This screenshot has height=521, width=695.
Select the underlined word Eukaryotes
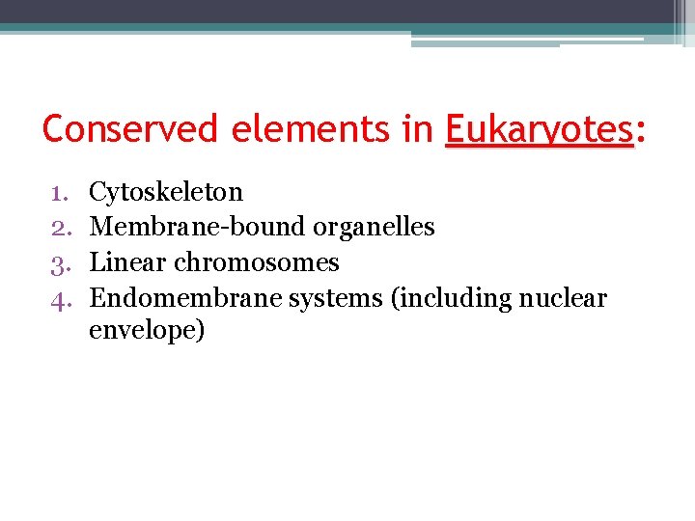coord(539,129)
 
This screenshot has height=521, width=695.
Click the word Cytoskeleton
coord(165,192)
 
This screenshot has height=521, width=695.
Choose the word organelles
coord(373,227)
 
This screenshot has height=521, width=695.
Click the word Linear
coord(126,262)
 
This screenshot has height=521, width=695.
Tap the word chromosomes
coord(256,262)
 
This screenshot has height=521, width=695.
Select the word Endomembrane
coord(184,298)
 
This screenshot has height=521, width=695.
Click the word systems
coord(336,298)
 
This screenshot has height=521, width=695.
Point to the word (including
coord(453,298)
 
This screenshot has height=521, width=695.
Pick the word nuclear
coord(564,298)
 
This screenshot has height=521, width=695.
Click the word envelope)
coord(147,331)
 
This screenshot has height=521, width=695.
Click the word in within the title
coord(418,129)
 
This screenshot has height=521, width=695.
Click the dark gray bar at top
coord(338,12)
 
